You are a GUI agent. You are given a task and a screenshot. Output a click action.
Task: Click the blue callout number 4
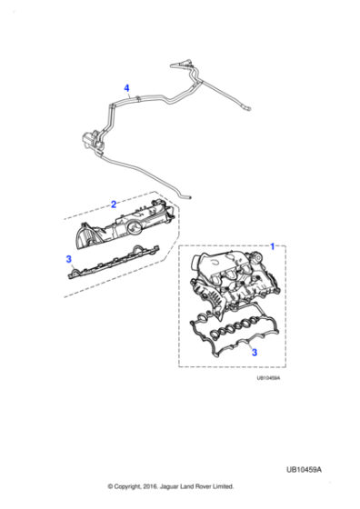point(127,88)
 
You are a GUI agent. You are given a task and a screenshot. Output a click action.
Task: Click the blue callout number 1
point(272,246)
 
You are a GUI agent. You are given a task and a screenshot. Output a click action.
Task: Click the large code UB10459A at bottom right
point(315,469)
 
